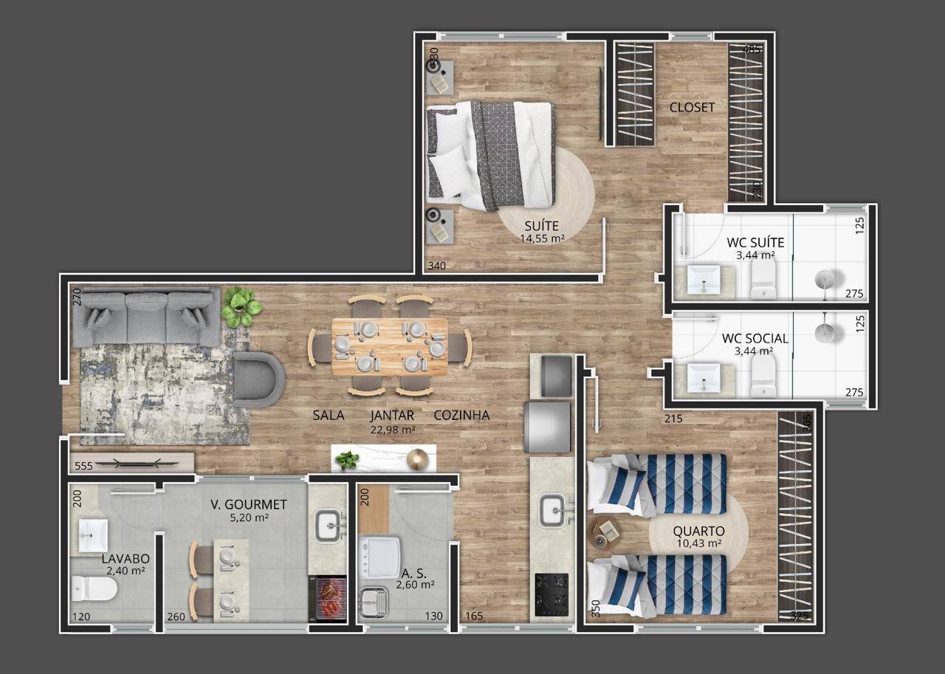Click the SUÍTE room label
[541, 225]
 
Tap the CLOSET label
[692, 107]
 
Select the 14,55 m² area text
[541, 238]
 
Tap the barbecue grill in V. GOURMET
[328, 596]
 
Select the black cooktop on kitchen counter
[551, 591]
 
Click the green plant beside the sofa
[241, 306]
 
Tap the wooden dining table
[389, 346]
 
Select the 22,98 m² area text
[392, 429]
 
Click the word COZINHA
[461, 415]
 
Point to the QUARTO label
[698, 531]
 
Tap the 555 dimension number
[83, 466]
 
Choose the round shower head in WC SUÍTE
[825, 280]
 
